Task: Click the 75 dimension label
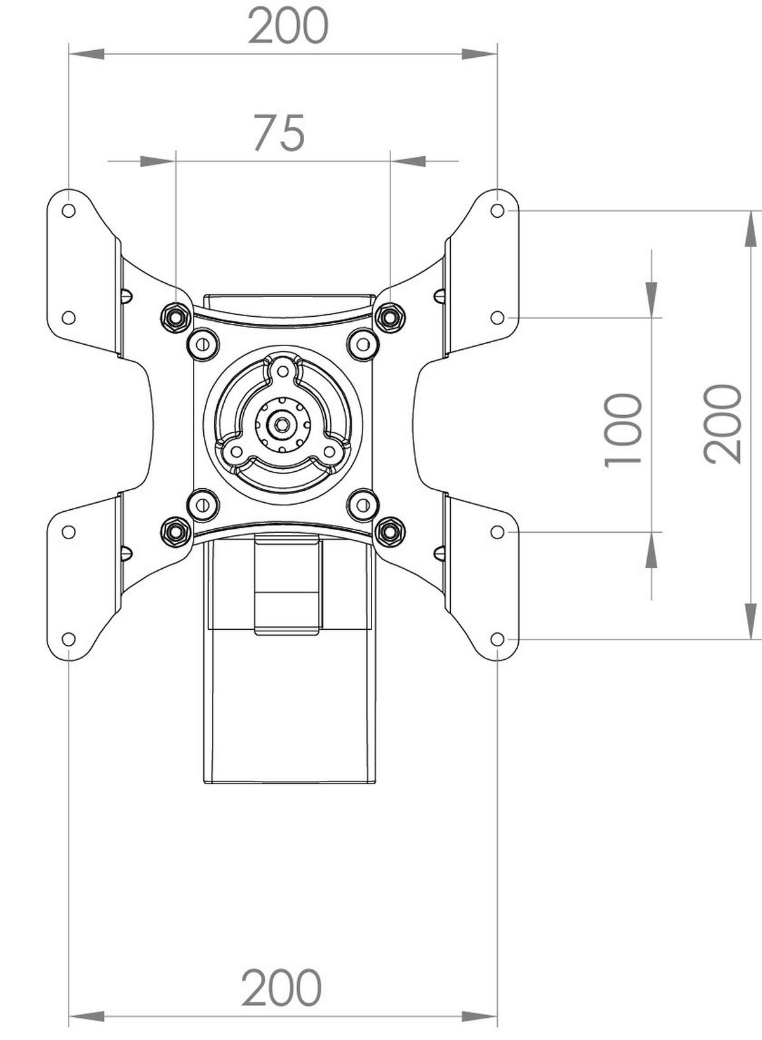[279, 133]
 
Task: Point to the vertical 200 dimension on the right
[722, 424]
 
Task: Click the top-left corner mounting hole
[68, 211]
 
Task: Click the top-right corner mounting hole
[497, 211]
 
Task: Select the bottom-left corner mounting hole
[68, 639]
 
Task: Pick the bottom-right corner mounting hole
[497, 639]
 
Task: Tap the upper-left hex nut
[176, 317]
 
